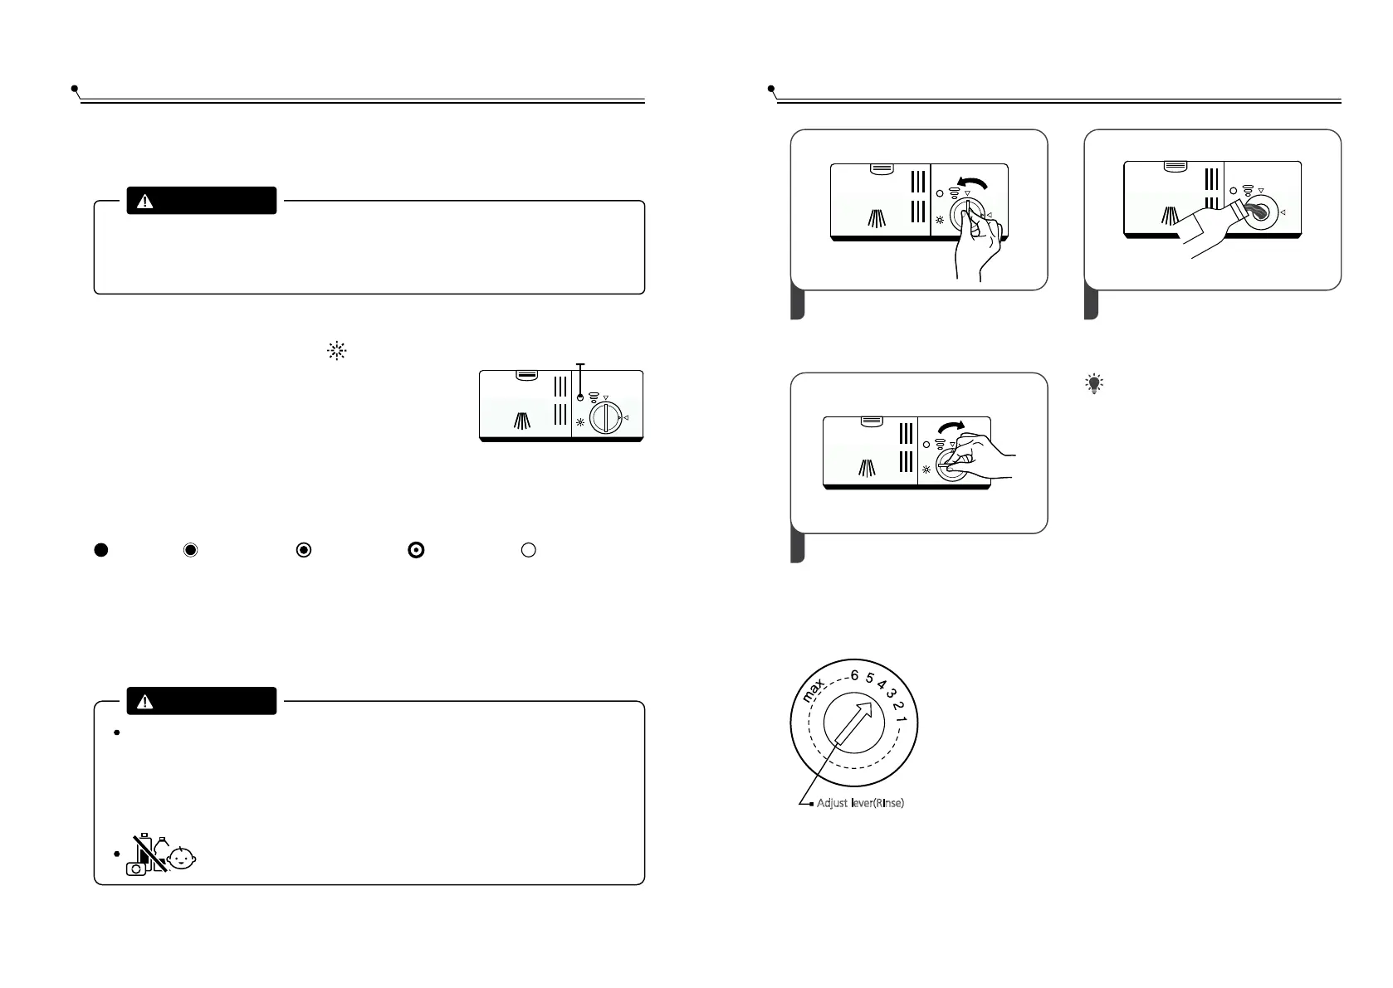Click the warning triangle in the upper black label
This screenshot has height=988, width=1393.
pyautogui.click(x=145, y=202)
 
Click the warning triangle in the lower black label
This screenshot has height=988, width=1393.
pyautogui.click(x=145, y=702)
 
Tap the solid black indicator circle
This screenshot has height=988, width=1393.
pyautogui.click(x=100, y=549)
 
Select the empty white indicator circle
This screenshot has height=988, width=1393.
pyautogui.click(x=528, y=549)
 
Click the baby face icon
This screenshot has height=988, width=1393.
pyautogui.click(x=182, y=859)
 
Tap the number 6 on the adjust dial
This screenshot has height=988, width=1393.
pyautogui.click(x=854, y=676)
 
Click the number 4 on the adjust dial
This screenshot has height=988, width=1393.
pyautogui.click(x=881, y=685)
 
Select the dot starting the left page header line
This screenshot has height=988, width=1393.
pyautogui.click(x=75, y=87)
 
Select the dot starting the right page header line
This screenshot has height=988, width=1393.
pyautogui.click(x=771, y=87)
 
